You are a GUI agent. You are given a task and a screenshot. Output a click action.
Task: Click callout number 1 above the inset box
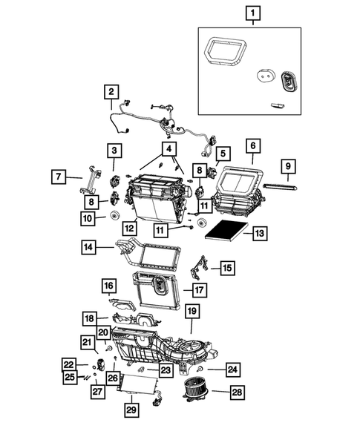[x=254, y=13]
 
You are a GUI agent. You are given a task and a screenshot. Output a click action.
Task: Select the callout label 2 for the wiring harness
[x=111, y=93]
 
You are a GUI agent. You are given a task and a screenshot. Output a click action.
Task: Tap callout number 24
[x=232, y=368]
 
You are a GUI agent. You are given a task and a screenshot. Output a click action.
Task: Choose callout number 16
[x=109, y=285]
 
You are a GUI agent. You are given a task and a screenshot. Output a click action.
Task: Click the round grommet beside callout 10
[x=114, y=216]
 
